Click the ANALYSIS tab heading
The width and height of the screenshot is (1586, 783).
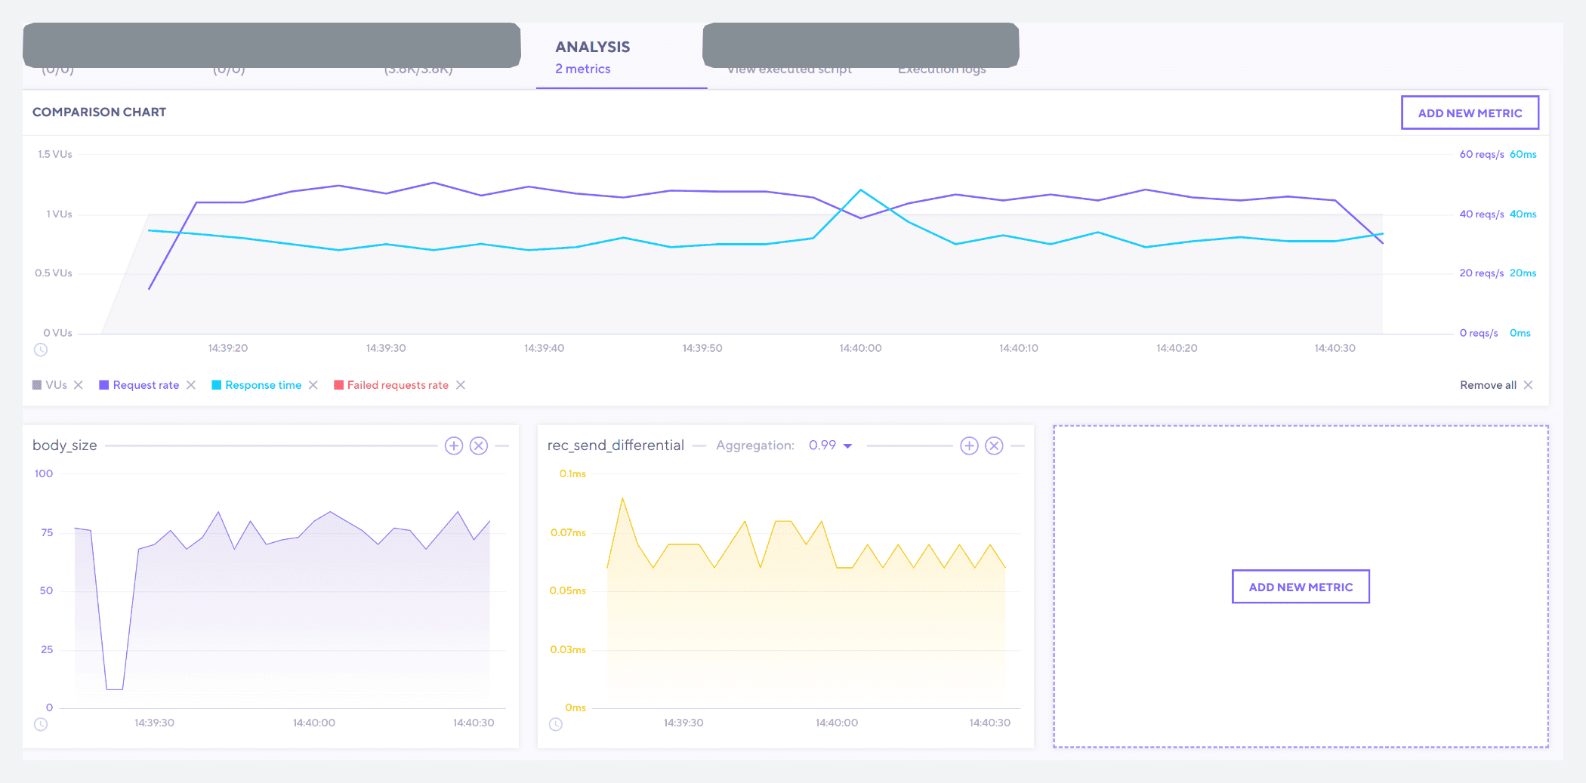pyautogui.click(x=592, y=47)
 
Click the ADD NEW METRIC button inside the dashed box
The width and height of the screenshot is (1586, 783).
pyautogui.click(x=1300, y=587)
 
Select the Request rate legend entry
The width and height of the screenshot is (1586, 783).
pyautogui.click(x=146, y=385)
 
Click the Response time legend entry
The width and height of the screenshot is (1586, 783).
pyautogui.click(x=263, y=385)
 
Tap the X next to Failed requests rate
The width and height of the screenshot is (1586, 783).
pyautogui.click(x=461, y=385)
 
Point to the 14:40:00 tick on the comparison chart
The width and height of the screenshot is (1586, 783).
pyautogui.click(x=860, y=348)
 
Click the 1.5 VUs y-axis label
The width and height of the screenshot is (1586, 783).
pyautogui.click(x=55, y=154)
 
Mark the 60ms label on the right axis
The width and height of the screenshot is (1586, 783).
pyautogui.click(x=1523, y=154)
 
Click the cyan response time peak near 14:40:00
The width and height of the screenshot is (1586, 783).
pyautogui.click(x=860, y=190)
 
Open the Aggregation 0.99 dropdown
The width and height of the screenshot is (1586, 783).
pyautogui.click(x=830, y=445)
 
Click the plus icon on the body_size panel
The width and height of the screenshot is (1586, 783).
pyautogui.click(x=453, y=445)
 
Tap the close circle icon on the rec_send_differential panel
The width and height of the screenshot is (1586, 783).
pyautogui.click(x=994, y=445)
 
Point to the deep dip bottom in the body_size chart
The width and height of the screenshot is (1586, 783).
pyautogui.click(x=114, y=688)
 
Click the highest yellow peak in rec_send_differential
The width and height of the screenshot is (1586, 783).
pyautogui.click(x=622, y=498)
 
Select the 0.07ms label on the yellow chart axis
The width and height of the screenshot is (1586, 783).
pyautogui.click(x=568, y=532)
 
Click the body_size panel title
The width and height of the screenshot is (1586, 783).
pyautogui.click(x=65, y=445)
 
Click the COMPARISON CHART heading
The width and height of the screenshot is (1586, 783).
pyautogui.click(x=99, y=112)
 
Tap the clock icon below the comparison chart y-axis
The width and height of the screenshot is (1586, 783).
pyautogui.click(x=41, y=350)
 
